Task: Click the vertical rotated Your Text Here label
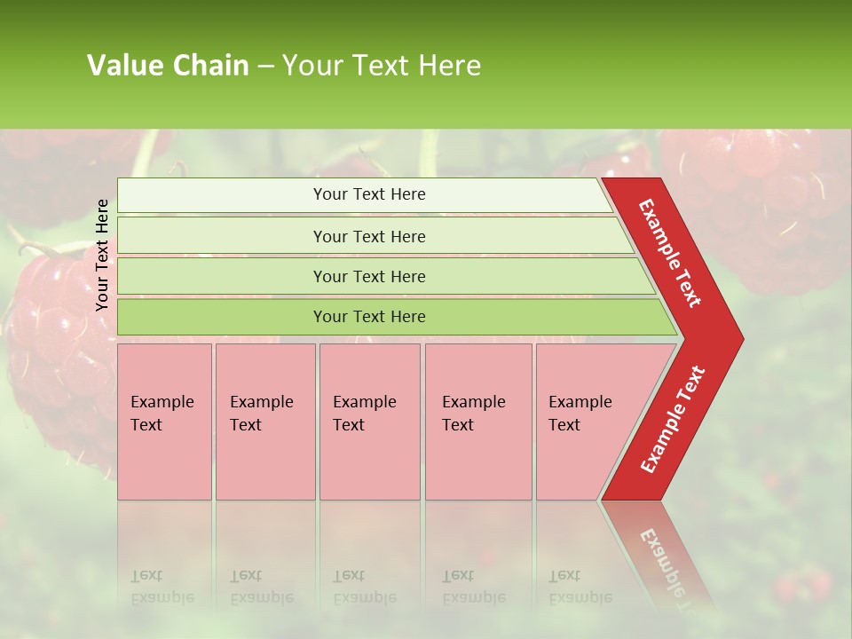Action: tap(102, 255)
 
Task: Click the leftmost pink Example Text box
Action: tap(164, 422)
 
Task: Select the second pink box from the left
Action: tap(265, 422)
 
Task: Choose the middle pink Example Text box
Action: tap(369, 422)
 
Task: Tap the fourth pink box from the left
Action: tap(478, 422)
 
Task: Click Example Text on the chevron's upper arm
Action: tap(670, 253)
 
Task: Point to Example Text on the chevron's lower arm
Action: tap(672, 419)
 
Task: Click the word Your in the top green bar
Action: tap(329, 194)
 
